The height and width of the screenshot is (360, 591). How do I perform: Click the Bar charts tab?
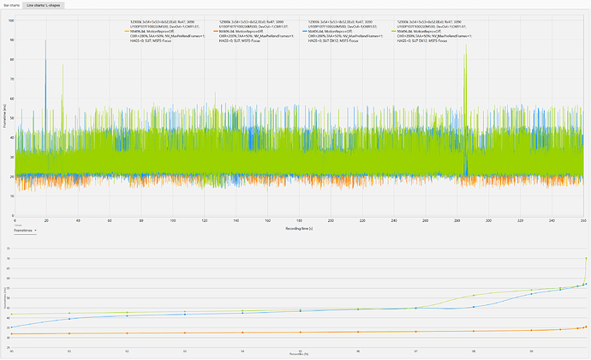click(11, 4)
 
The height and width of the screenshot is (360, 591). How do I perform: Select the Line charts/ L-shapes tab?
click(45, 4)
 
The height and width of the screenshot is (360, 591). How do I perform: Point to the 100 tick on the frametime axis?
click(12, 18)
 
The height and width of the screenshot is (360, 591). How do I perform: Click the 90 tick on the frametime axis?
click(12, 38)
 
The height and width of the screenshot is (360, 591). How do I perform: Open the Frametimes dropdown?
click(24, 231)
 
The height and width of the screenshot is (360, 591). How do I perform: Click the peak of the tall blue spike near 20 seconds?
click(45, 39)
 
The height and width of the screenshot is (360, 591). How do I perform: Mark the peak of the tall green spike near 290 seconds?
click(466, 45)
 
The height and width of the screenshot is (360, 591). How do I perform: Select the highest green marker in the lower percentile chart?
click(586, 258)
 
